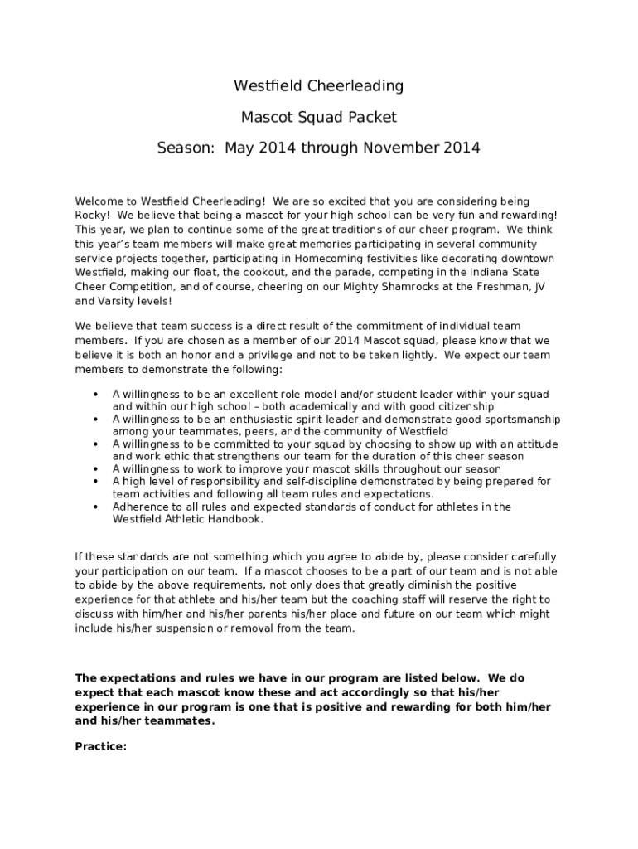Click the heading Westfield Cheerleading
pyautogui.click(x=318, y=85)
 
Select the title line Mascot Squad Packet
pyautogui.click(x=318, y=117)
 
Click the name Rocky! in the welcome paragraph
pyautogui.click(x=92, y=215)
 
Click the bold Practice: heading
pyautogui.click(x=101, y=746)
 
